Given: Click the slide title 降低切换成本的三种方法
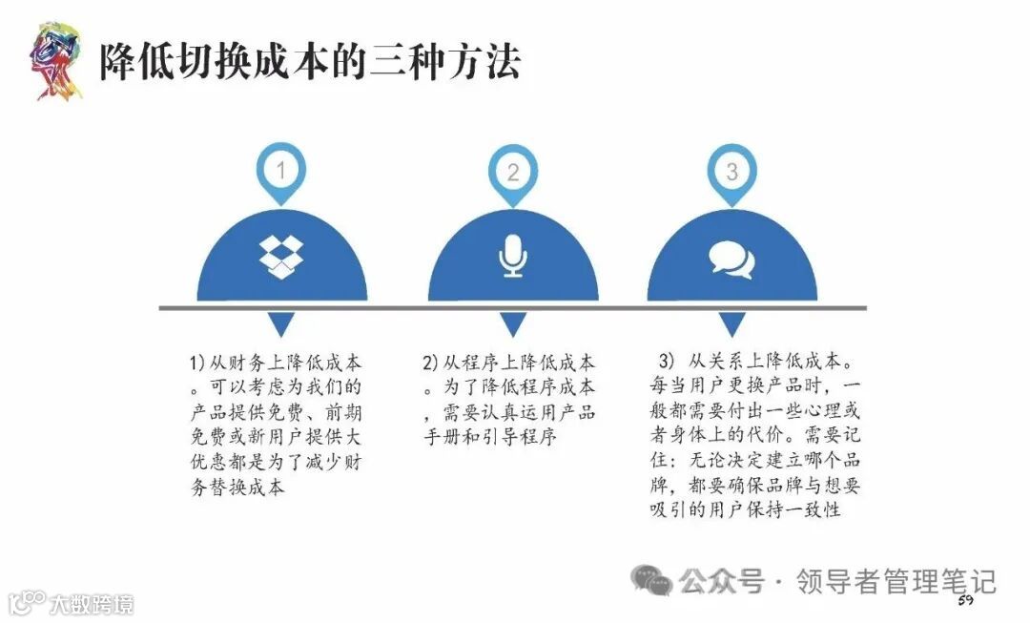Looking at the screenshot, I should click(310, 63).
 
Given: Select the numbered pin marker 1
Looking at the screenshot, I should click(280, 172).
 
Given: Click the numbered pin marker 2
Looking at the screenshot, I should click(513, 172).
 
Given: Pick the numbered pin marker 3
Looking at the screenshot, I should click(731, 172).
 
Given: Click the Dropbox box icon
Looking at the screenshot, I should click(280, 255).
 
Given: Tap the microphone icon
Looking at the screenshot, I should click(513, 255).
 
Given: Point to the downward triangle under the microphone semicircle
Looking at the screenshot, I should click(513, 324).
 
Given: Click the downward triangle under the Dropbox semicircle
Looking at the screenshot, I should click(280, 324).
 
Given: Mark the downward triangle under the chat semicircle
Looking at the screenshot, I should click(731, 324).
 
